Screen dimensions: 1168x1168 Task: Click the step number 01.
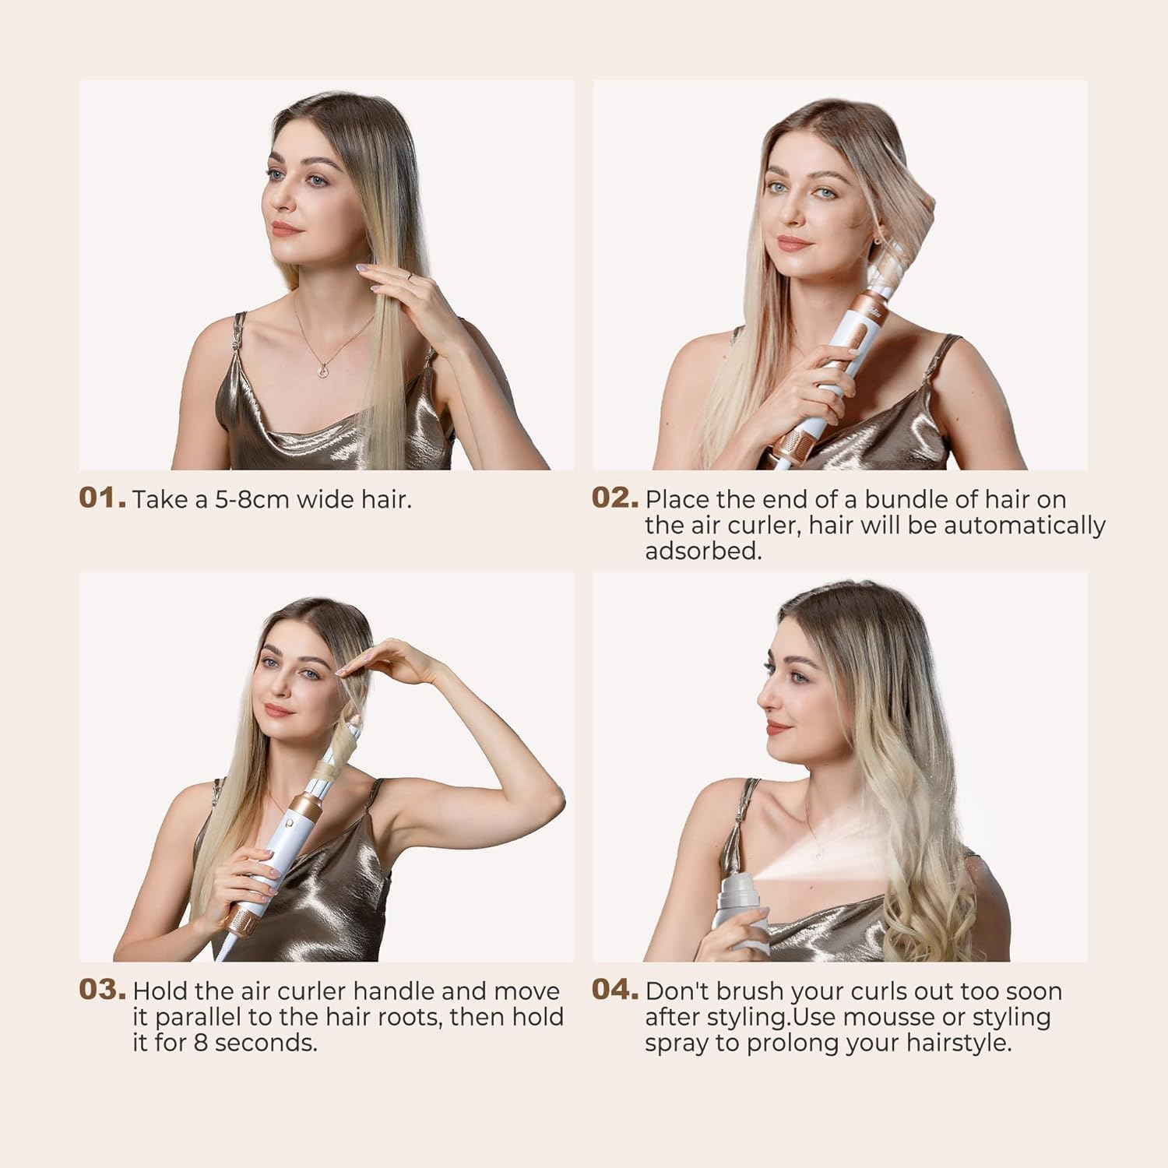pyautogui.click(x=101, y=498)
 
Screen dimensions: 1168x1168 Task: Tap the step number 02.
pyautogui.click(x=614, y=498)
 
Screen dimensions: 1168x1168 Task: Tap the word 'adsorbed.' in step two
pyautogui.click(x=702, y=551)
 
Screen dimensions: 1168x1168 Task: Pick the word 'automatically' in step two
pyautogui.click(x=1025, y=526)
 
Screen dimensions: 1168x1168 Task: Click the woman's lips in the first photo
pyautogui.click(x=284, y=228)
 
